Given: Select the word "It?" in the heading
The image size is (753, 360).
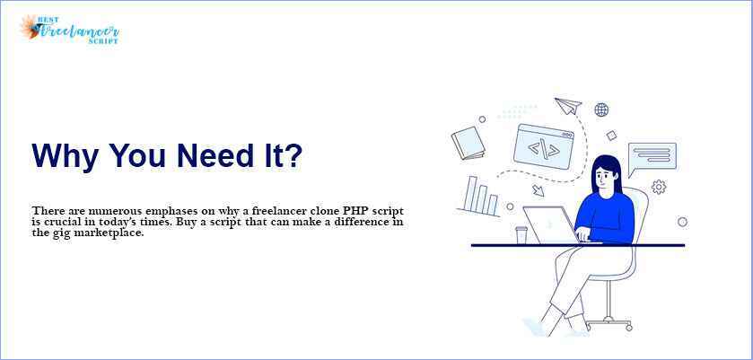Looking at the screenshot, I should tap(284, 155).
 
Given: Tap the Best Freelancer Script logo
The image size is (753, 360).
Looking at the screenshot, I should tap(69, 30).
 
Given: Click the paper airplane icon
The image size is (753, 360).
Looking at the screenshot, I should tap(568, 107).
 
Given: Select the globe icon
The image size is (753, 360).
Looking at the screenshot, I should tap(601, 110).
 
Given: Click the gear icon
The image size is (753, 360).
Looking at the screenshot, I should tap(659, 187).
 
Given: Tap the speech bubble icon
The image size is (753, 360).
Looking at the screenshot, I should tap(652, 157).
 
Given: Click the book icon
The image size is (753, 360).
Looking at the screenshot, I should tap(468, 143).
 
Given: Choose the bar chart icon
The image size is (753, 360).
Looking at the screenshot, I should tap(478, 197).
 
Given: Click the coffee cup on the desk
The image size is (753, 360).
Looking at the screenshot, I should tap(521, 234).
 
